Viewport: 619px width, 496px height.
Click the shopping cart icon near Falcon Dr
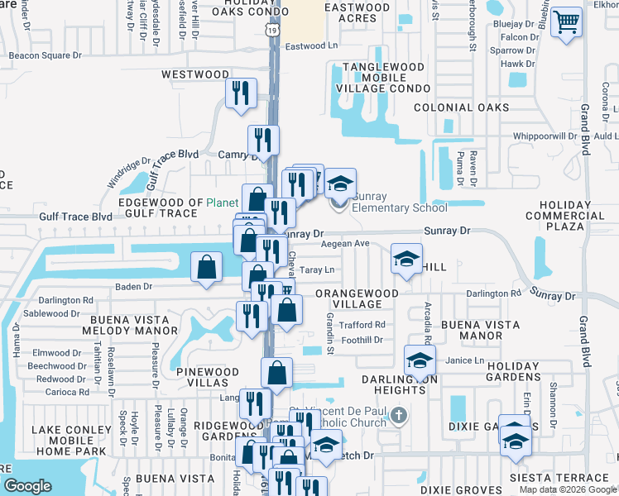coord(567,23)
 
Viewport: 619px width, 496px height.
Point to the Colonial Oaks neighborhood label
coord(461,107)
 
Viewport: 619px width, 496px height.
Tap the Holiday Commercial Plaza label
coord(576,216)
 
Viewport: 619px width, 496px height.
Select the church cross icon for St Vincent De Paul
coord(398,414)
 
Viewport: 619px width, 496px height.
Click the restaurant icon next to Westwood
coord(241,92)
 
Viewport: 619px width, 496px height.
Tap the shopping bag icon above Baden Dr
coord(206,267)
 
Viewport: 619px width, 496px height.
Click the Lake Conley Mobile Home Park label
coord(70,441)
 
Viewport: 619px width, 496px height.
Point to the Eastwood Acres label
coord(357,12)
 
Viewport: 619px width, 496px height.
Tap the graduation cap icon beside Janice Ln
coord(420,360)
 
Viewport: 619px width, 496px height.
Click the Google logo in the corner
coord(27,486)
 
